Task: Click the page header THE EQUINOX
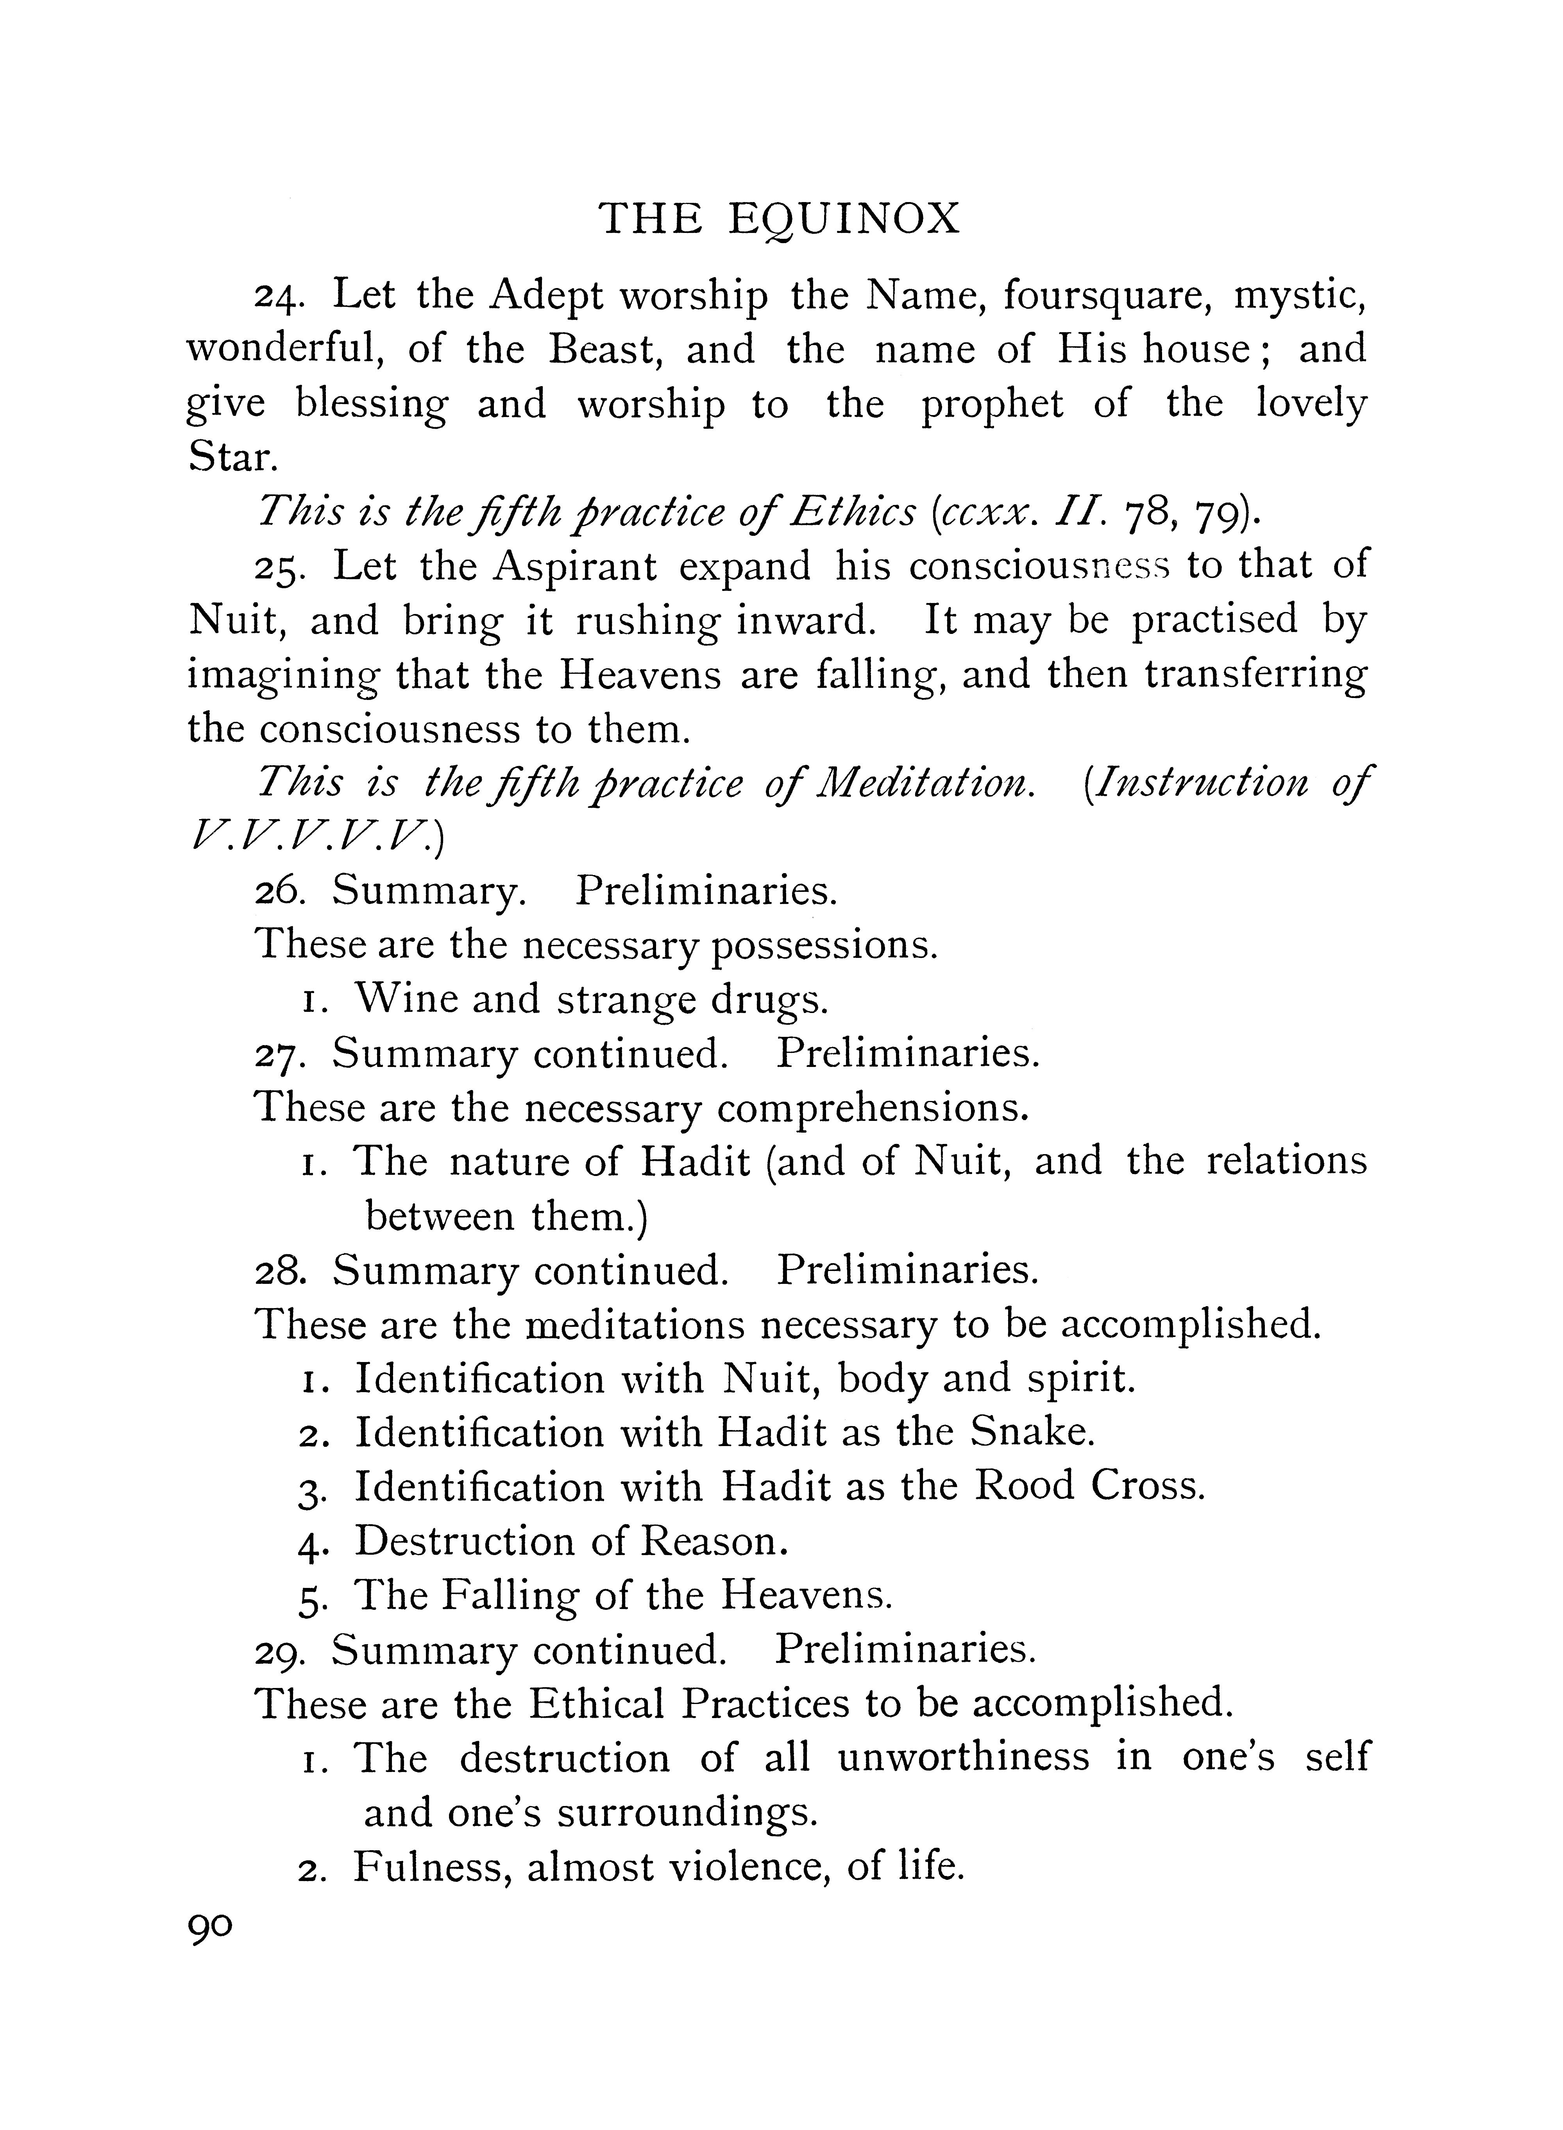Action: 781,220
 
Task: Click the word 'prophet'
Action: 993,405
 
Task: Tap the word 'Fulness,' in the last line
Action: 433,1868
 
